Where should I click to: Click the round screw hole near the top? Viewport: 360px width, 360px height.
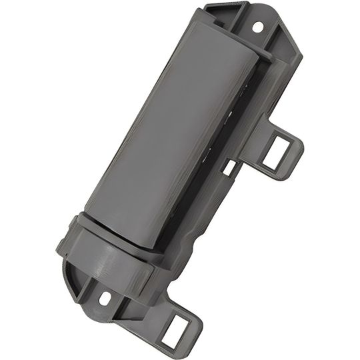(258, 27)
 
